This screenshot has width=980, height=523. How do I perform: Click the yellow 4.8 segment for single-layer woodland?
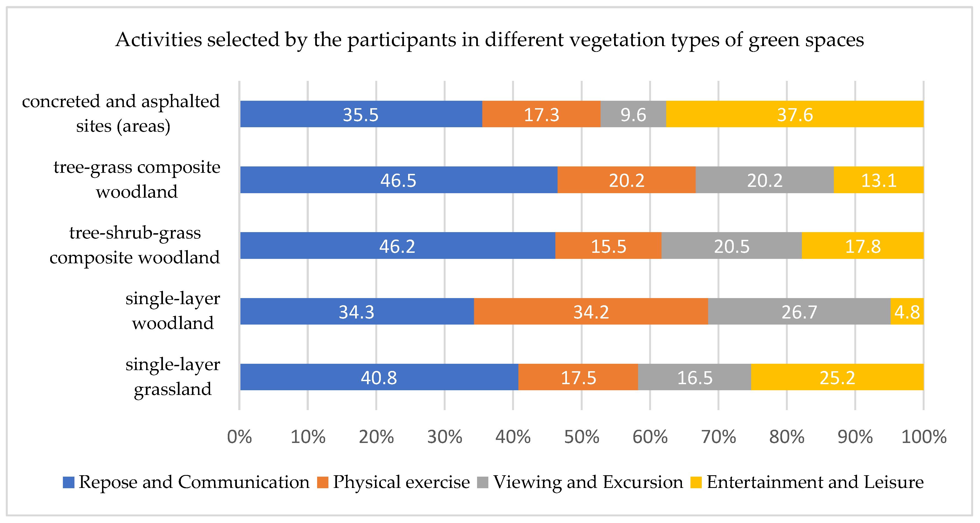click(907, 311)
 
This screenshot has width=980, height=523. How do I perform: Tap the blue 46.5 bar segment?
click(399, 180)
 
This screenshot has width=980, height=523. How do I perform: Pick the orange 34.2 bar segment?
click(591, 311)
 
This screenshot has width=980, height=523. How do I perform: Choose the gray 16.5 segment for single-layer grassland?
click(694, 377)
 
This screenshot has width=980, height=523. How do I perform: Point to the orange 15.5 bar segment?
click(608, 246)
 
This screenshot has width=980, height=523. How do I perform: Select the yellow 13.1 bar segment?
click(879, 180)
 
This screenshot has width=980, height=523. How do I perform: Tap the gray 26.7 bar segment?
click(799, 311)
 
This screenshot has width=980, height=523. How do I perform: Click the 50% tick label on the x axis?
click(581, 437)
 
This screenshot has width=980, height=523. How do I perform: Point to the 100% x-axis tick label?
click(924, 437)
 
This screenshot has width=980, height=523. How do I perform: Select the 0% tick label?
click(239, 437)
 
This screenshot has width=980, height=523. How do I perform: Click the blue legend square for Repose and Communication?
click(68, 482)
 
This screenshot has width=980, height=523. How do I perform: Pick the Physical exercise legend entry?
click(393, 482)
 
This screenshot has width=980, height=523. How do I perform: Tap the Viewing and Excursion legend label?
click(588, 482)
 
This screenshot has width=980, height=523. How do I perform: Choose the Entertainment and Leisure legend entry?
click(807, 482)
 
